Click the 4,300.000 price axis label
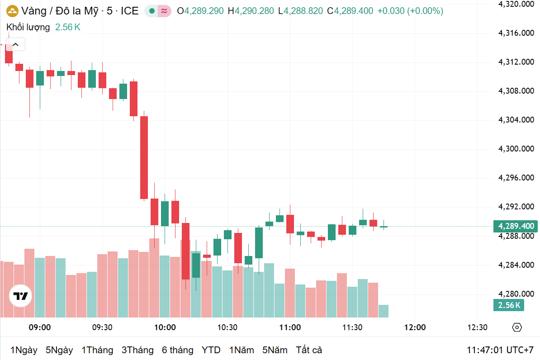[515, 149]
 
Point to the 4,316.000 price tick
[515, 33]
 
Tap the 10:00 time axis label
[165, 327]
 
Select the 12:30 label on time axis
[477, 327]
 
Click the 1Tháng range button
[97, 350]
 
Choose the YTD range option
[211, 350]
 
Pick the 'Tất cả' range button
[309, 350]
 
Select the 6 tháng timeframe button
[177, 350]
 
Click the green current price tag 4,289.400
[515, 226]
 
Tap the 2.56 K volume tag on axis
[509, 305]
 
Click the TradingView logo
[21, 296]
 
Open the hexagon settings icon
[517, 327]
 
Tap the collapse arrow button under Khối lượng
[15, 44]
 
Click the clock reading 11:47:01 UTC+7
[500, 350]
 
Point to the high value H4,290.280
[251, 11]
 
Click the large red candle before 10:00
[144, 157]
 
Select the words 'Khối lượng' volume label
[28, 27]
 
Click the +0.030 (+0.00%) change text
[410, 11]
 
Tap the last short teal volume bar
[383, 311]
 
